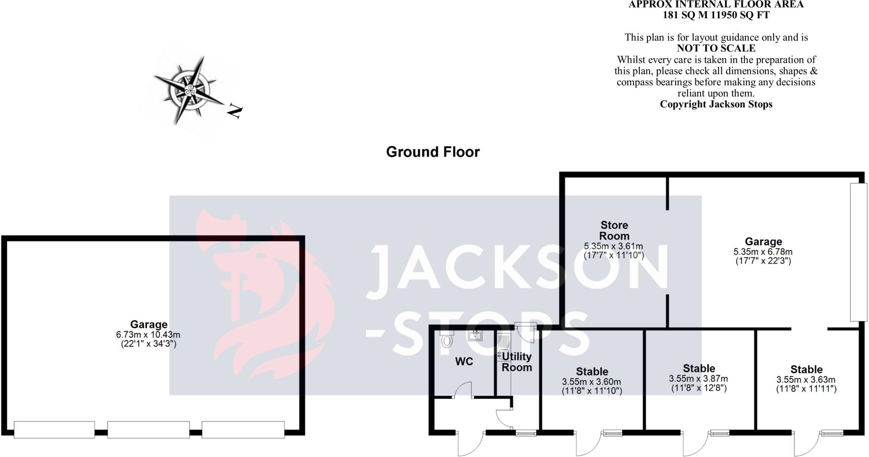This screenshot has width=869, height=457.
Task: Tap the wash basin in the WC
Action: pyautogui.click(x=475, y=336)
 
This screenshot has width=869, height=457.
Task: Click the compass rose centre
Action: pyautogui.click(x=188, y=90)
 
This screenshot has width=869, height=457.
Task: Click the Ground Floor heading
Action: pyautogui.click(x=432, y=152)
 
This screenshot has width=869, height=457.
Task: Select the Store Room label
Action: pyautogui.click(x=614, y=230)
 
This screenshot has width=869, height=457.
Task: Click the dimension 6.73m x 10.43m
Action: pyautogui.click(x=149, y=335)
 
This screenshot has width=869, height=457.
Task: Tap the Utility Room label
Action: pyautogui.click(x=516, y=362)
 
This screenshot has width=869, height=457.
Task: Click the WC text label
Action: pyautogui.click(x=464, y=362)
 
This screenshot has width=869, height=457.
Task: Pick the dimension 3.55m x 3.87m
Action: pyautogui.click(x=698, y=378)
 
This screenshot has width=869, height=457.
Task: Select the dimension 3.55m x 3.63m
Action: pyautogui.click(x=806, y=380)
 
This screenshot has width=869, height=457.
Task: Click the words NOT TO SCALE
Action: pyautogui.click(x=716, y=48)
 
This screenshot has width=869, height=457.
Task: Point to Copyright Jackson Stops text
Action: pyautogui.click(x=716, y=104)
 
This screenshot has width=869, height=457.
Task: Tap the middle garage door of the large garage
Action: pyautogui.click(x=149, y=429)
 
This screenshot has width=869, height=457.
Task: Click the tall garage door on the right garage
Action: pyautogui.click(x=858, y=252)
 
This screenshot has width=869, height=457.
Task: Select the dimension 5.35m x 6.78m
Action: pyautogui.click(x=763, y=252)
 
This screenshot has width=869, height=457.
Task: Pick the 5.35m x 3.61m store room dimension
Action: pyautogui.click(x=614, y=246)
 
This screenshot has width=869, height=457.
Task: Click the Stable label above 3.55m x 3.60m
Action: pyautogui.click(x=592, y=372)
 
